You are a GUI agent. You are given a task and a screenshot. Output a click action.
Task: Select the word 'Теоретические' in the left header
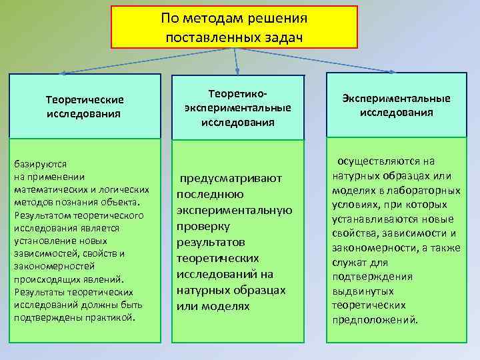point(85,99)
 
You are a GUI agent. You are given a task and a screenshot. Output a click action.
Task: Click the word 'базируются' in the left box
point(38,163)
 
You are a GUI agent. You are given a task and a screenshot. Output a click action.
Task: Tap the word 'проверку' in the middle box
point(203,226)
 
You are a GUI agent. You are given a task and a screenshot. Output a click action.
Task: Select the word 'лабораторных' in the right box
point(427,190)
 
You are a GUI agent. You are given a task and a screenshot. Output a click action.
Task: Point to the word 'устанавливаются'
point(373,219)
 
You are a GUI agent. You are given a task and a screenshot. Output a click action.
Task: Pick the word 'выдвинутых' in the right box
point(364,291)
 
